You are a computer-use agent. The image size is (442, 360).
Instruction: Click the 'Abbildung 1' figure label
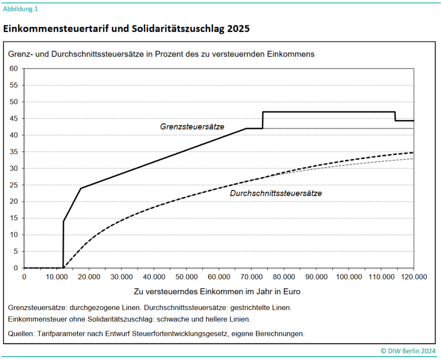[x=21, y=9]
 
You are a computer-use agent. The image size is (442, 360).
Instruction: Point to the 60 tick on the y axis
[x=14, y=69]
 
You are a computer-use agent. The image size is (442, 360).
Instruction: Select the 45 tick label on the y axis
[x=14, y=119]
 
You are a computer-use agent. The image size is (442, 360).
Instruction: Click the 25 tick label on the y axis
[x=14, y=185]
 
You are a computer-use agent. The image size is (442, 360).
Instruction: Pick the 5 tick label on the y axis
[x=15, y=251]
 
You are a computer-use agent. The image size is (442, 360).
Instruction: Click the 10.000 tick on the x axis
[x=57, y=276]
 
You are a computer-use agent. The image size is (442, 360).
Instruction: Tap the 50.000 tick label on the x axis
[x=186, y=276]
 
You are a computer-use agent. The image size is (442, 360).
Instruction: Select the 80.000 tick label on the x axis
[x=284, y=276]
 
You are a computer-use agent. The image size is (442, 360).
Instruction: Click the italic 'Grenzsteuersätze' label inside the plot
[x=192, y=127]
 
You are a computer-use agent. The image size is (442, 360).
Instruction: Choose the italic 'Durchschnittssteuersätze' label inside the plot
[x=276, y=193]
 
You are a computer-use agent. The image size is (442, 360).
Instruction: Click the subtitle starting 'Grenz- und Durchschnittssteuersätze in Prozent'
[x=161, y=54]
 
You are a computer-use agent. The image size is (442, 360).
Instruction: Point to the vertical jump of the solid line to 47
[x=263, y=120]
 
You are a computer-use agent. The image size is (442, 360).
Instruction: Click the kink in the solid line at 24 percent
[x=81, y=188]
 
